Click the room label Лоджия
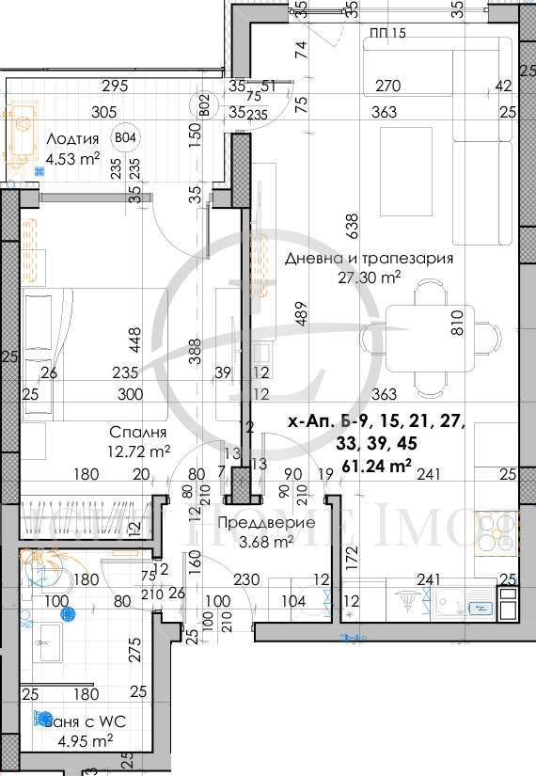click(72, 139)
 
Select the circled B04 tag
click(123, 138)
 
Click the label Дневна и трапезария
click(369, 258)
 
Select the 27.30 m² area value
click(369, 277)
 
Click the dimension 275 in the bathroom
click(134, 649)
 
